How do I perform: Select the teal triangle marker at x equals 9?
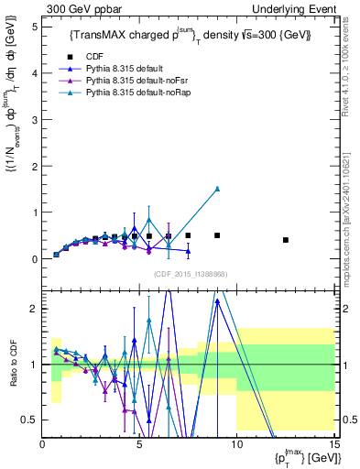[x=217, y=189]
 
